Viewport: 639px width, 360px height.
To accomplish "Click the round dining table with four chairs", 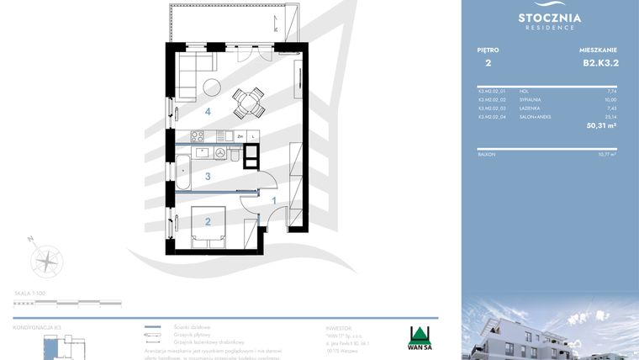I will click(246, 102).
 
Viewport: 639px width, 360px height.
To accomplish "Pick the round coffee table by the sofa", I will click(211, 86).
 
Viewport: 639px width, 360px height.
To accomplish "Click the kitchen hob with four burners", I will click(199, 135).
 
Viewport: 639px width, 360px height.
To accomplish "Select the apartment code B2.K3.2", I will click(599, 62).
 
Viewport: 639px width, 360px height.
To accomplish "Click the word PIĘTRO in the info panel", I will click(488, 50).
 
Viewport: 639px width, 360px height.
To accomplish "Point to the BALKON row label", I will click(486, 154).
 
